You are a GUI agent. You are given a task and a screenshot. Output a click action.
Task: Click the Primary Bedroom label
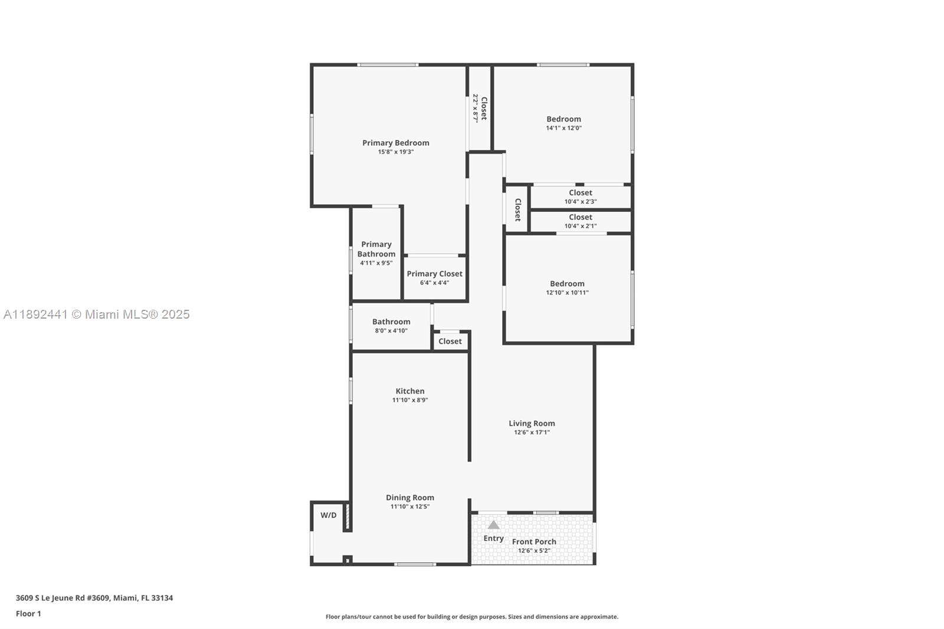(x=395, y=143)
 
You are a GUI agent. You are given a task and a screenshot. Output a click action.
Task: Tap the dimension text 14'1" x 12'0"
(x=563, y=128)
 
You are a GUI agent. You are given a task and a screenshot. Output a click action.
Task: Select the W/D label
(x=328, y=515)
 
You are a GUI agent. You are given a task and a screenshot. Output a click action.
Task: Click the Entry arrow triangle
(x=493, y=525)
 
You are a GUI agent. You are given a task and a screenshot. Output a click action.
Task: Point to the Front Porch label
(x=534, y=542)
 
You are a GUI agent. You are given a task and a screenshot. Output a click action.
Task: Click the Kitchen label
(x=409, y=391)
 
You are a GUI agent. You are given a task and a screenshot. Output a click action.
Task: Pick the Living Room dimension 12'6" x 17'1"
(x=532, y=433)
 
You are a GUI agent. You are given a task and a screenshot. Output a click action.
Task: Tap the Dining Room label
(x=409, y=497)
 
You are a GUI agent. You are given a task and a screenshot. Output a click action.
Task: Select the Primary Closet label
(x=434, y=274)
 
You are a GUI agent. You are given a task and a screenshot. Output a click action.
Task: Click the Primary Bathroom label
(x=376, y=249)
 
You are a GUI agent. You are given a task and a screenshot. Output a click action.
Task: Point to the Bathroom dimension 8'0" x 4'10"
(x=391, y=331)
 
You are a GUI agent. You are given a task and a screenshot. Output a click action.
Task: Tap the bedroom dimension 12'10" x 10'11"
(x=567, y=293)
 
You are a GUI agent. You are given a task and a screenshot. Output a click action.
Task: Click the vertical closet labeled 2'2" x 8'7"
(x=480, y=108)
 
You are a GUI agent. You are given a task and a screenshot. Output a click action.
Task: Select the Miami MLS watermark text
(x=96, y=314)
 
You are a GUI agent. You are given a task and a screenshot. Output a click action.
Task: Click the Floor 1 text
(x=28, y=614)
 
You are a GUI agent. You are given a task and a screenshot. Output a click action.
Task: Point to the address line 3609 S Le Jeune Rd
(x=94, y=598)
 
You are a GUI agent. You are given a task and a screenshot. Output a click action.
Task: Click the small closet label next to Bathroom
(x=450, y=342)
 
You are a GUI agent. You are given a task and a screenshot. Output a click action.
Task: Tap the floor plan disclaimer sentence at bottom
(x=472, y=617)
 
